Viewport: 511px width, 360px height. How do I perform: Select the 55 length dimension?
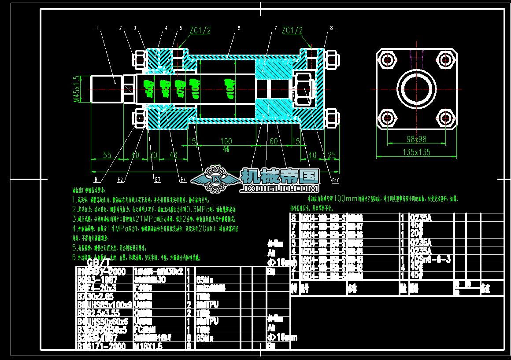click(x=107, y=155)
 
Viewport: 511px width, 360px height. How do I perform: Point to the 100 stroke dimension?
click(x=226, y=141)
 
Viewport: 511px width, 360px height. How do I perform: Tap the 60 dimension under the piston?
click(x=274, y=141)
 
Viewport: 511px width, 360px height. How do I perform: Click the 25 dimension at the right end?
click(x=331, y=155)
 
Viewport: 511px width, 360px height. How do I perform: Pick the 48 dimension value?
click(x=173, y=155)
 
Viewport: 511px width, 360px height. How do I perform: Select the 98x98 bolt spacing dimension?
click(x=416, y=139)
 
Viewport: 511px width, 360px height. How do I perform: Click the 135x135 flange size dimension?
click(x=416, y=152)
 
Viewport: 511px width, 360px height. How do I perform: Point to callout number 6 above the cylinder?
click(x=238, y=28)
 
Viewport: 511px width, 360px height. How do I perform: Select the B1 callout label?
click(x=98, y=180)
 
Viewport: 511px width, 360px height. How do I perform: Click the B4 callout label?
click(x=182, y=180)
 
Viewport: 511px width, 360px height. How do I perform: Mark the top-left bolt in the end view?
click(x=388, y=59)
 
